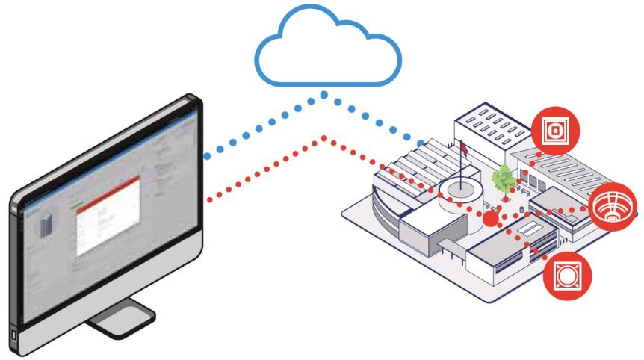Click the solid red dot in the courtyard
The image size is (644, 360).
[489, 218]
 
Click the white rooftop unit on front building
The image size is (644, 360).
[530, 227]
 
